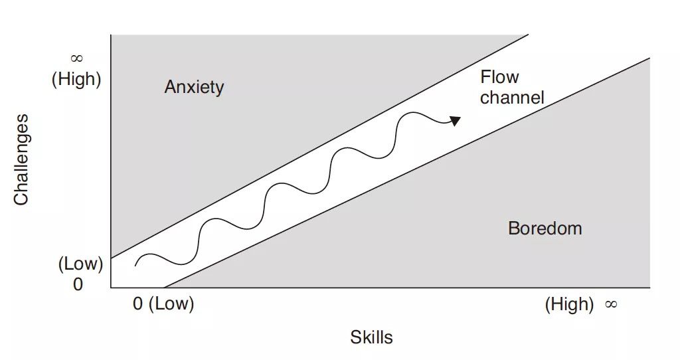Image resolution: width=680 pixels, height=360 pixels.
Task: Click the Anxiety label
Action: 194,87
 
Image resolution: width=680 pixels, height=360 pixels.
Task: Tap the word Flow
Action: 499,77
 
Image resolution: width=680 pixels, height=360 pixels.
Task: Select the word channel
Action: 512,98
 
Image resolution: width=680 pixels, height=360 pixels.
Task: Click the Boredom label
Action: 545,228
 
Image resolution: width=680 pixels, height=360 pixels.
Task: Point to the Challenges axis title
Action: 21,159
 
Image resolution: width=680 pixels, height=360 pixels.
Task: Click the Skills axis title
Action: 371,337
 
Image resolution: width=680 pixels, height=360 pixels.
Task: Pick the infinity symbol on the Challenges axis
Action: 76,58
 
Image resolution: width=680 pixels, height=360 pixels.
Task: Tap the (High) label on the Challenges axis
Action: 76,79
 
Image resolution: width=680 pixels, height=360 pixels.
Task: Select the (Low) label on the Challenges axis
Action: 80,264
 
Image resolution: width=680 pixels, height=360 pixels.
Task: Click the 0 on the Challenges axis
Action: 78,284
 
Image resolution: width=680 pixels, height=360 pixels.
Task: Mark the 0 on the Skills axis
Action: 138,304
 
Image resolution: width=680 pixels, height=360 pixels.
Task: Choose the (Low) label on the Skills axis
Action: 171,304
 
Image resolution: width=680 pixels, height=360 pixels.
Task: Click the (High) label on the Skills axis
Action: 569,304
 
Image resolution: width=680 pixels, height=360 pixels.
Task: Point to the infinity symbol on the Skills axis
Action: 611,304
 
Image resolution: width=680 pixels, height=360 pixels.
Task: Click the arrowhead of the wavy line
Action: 456,120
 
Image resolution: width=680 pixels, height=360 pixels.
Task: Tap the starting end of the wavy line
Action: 135,265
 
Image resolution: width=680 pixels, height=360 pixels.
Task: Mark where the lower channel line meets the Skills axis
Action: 163,288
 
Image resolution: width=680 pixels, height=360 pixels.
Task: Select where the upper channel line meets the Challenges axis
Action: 111,258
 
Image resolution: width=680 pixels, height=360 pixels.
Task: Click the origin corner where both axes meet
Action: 111,288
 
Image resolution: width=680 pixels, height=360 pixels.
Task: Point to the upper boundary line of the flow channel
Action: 319,146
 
